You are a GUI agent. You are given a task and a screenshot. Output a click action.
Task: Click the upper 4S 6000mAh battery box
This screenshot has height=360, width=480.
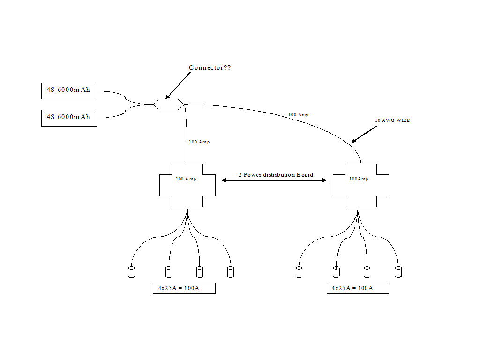(69, 91)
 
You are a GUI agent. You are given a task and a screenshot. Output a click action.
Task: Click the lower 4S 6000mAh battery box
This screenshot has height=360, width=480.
(69, 119)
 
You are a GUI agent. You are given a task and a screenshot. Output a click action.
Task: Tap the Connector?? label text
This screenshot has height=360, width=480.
(210, 68)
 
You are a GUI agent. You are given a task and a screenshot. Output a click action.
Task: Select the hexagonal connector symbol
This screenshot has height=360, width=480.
(168, 104)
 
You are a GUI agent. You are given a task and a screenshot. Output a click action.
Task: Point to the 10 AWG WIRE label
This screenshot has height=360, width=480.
(392, 120)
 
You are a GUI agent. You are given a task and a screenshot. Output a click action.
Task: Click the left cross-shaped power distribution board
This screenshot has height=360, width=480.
(187, 186)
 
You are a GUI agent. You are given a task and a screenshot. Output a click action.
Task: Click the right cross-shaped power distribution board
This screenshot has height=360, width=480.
(360, 186)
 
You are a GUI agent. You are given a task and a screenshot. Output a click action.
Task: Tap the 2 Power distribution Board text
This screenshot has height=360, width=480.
(276, 175)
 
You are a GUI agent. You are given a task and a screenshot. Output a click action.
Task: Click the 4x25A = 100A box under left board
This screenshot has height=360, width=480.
(184, 288)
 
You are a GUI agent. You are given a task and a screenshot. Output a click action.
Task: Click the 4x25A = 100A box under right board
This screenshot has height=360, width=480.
(358, 288)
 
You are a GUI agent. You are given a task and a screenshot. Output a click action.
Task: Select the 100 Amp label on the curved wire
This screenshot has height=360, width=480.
(298, 115)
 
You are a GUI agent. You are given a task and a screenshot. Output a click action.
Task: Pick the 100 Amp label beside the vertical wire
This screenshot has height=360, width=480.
(199, 142)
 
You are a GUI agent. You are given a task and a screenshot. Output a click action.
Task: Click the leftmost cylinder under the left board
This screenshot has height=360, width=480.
(131, 272)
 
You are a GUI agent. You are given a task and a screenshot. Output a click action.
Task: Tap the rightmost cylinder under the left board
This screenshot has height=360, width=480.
(230, 272)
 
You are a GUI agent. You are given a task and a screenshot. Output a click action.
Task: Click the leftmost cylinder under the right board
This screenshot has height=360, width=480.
(299, 272)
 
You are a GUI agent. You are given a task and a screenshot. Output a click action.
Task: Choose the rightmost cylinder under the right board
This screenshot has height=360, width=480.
(398, 272)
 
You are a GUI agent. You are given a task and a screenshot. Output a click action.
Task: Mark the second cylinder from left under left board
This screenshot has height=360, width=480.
(169, 272)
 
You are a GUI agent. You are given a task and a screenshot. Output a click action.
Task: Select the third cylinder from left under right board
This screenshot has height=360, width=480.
(367, 272)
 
